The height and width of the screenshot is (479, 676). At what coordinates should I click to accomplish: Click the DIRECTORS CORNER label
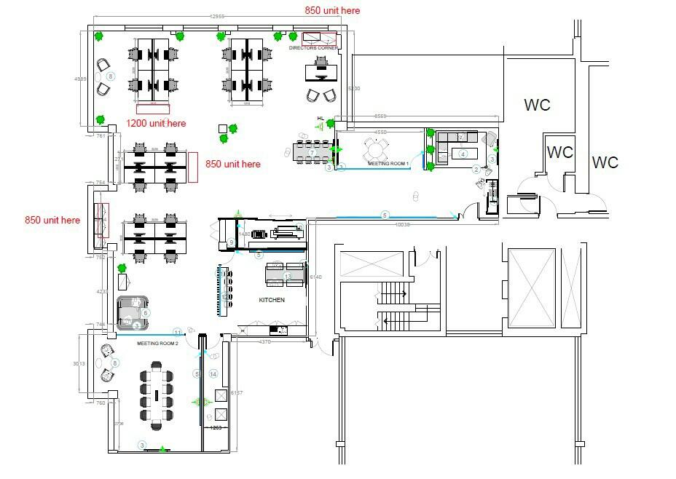pos(313,48)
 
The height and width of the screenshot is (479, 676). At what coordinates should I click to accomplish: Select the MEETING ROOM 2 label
pos(158,343)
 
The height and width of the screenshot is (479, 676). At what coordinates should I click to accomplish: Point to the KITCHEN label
pos(272,300)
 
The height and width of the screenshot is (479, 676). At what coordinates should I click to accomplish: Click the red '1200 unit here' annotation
pos(156,123)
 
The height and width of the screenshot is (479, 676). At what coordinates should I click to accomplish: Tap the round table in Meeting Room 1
pos(377,150)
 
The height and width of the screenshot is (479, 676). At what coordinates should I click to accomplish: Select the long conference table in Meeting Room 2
pos(157,394)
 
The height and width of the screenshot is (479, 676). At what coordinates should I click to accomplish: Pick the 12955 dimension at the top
pos(216,16)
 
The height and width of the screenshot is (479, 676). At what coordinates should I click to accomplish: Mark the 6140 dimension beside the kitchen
pos(315,277)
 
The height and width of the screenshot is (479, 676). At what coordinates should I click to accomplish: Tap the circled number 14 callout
pos(213,373)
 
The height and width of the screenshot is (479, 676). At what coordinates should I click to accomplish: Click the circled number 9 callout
pos(230,242)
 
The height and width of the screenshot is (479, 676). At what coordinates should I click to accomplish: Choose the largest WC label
pos(538,105)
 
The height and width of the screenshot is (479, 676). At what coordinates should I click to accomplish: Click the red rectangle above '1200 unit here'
pos(153,109)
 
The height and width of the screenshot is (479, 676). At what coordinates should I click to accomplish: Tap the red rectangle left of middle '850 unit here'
pos(194,167)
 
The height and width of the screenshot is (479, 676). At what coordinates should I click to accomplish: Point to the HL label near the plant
pos(320,118)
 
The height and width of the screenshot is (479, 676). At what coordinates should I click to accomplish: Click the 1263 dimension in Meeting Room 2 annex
pos(216,428)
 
